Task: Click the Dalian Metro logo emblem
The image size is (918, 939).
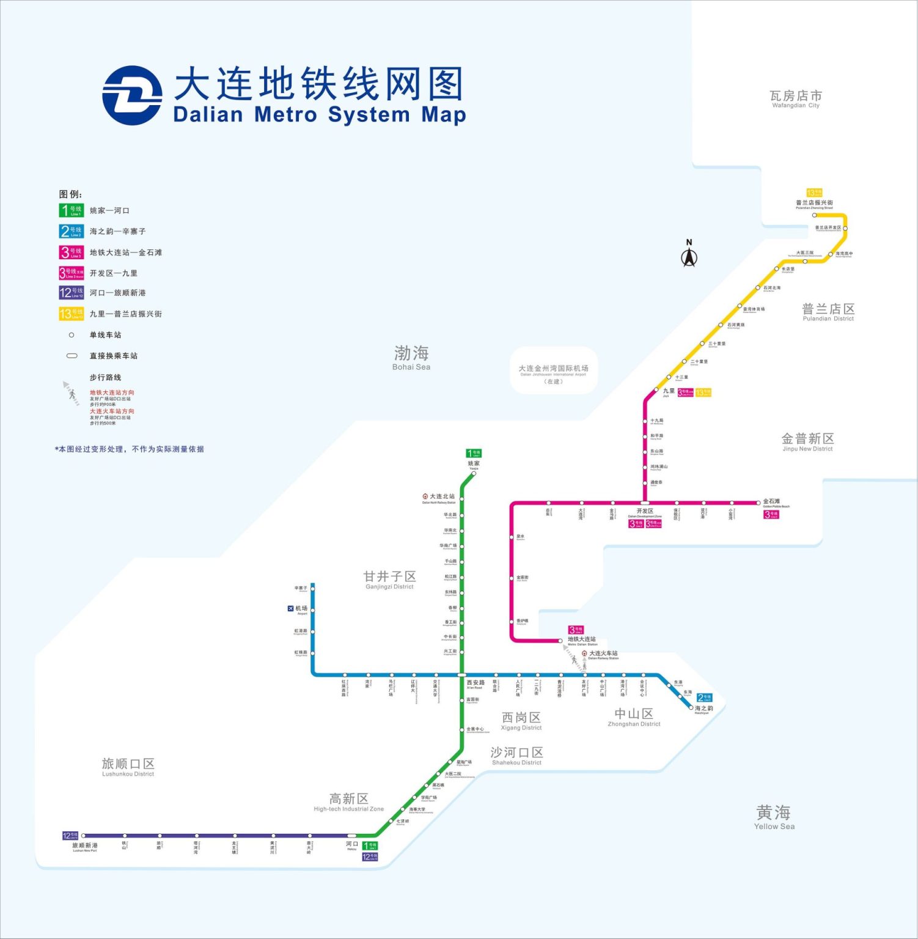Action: coord(132,96)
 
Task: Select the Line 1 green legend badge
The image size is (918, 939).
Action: coord(72,210)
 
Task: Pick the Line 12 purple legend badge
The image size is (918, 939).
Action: coord(72,293)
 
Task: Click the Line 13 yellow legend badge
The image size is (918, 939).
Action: coord(72,314)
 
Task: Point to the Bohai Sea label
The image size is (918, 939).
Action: coord(411,358)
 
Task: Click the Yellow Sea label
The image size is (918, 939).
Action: coord(774,817)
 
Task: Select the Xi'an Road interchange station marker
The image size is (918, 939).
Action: coord(462,675)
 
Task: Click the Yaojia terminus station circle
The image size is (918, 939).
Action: coord(474,473)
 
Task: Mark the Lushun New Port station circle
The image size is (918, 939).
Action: coord(84,836)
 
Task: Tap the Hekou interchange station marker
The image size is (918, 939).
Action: coord(352,836)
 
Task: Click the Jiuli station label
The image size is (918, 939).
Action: coord(669,391)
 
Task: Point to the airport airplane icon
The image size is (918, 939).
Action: coord(290,608)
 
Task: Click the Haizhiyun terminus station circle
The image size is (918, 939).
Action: coord(692,707)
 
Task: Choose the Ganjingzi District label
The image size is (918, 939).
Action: coord(389,580)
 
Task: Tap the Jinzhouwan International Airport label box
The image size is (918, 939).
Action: coord(553,372)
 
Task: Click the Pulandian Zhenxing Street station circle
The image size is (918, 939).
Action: coord(814,215)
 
